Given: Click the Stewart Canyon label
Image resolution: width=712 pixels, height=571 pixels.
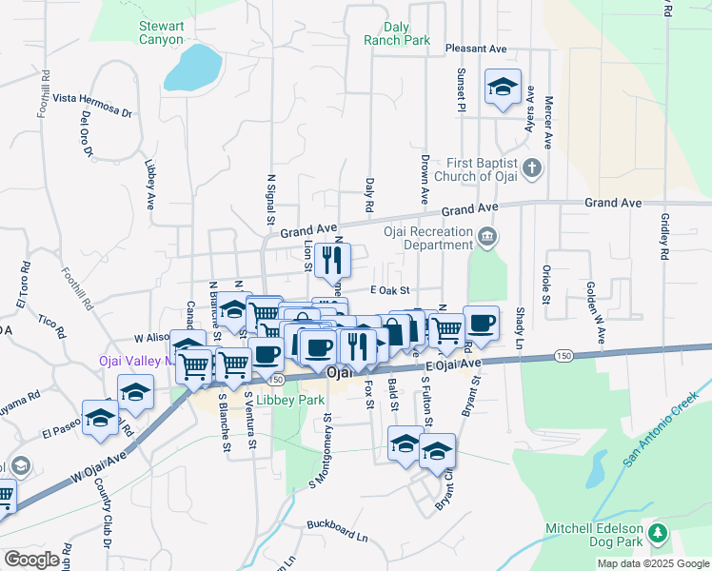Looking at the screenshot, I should tap(160, 33).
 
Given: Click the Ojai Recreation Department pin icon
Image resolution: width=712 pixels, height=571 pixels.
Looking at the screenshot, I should tap(487, 235).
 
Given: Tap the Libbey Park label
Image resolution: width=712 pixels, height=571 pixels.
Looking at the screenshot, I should tap(290, 401).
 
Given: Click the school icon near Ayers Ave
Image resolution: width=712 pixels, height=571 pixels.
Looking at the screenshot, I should tap(502, 88).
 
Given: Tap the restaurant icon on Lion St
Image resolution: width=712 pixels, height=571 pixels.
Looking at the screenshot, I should tap(331, 258).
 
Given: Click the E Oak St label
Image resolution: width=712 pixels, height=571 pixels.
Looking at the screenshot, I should tap(389, 290).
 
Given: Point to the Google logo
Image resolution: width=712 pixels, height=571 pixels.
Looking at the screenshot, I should tap(32, 560).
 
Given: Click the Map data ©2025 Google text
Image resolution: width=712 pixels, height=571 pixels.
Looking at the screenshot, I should tap(652, 563).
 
